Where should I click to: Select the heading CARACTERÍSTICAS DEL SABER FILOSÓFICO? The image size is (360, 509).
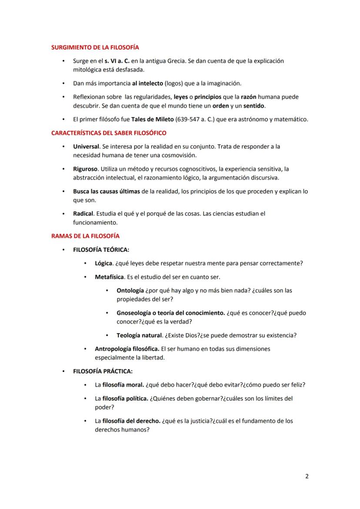tap(109, 133)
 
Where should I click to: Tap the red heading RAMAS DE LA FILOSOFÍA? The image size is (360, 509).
tap(85, 236)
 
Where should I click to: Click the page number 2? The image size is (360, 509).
tap(307, 476)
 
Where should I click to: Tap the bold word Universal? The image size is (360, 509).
tap(86, 147)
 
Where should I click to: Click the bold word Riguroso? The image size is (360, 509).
tap(85, 169)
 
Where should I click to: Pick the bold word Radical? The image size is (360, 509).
tap(83, 214)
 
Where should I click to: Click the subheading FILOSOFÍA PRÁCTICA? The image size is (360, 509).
tap(103, 371)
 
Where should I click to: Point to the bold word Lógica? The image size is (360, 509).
tap(103, 263)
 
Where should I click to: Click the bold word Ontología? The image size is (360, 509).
tap(130, 290)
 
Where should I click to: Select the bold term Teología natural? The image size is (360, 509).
tap(139, 335)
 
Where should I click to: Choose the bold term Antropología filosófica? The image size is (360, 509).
tap(127, 348)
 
